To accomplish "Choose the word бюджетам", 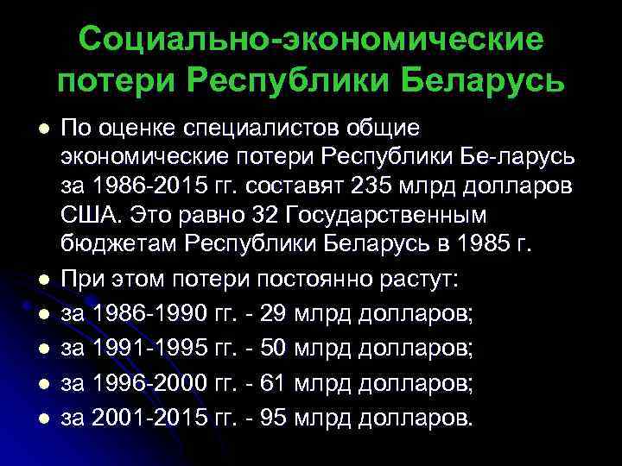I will point(117,242).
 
